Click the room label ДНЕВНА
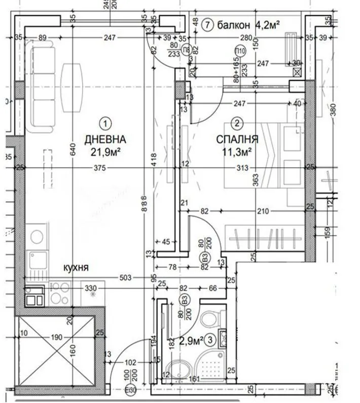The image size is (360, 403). point(105,139)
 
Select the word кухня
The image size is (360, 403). point(77,267)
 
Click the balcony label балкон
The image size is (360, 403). point(235,24)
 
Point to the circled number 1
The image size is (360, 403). point(104,123)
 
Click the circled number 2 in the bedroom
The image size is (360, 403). point(236,123)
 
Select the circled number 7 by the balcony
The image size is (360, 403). point(206,24)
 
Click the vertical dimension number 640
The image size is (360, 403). point(73,150)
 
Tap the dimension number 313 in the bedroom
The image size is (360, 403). point(243,169)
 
